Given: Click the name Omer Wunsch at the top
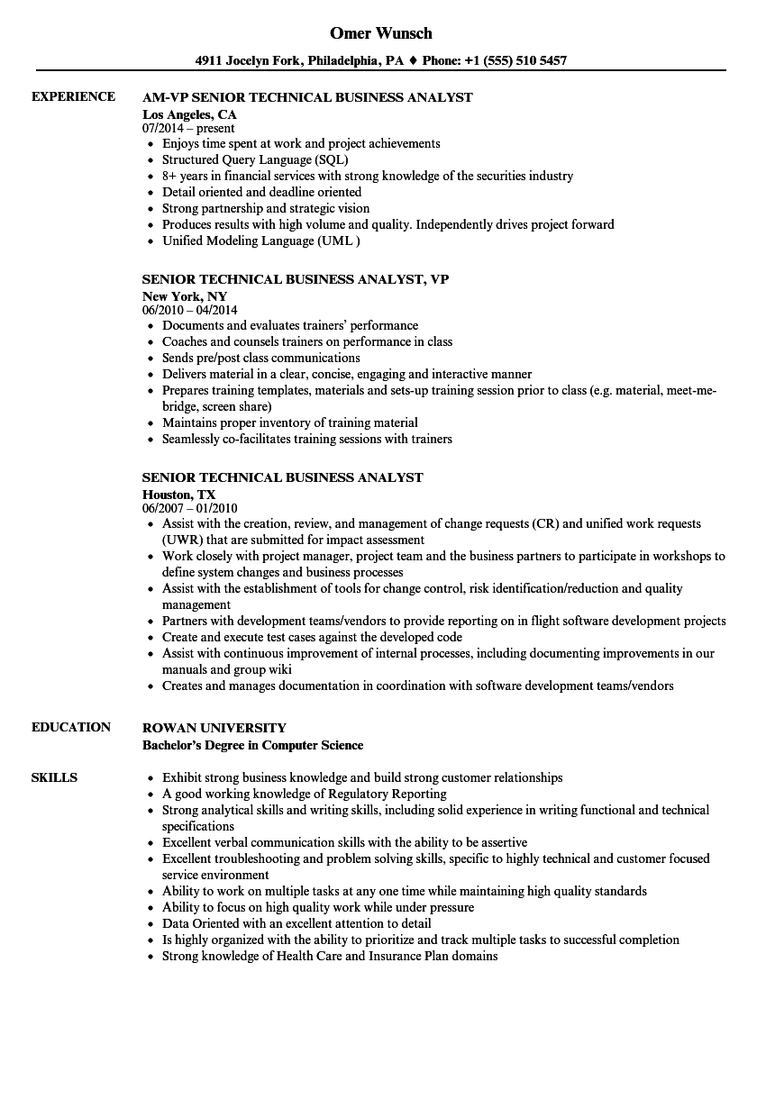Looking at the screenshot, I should (x=380, y=33).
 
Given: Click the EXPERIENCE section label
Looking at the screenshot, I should (x=73, y=96).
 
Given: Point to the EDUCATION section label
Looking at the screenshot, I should (x=71, y=727).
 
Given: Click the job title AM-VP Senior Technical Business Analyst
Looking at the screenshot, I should (x=307, y=97).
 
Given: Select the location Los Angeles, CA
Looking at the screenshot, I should (x=189, y=114).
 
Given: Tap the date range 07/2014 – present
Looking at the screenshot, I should (x=188, y=129).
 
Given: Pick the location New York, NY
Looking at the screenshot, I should (x=185, y=296).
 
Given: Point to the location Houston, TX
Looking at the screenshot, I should (x=179, y=495).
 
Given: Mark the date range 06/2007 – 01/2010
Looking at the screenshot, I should (x=190, y=509).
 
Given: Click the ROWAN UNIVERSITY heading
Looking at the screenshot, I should (x=214, y=728).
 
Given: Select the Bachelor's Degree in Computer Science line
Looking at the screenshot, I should (x=253, y=745).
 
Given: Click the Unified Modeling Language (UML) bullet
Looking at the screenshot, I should (x=261, y=241).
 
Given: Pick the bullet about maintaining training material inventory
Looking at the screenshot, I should (x=290, y=422).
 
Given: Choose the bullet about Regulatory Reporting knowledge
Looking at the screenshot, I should (x=305, y=794).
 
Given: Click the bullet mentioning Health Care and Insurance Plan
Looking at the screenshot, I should (x=330, y=956).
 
